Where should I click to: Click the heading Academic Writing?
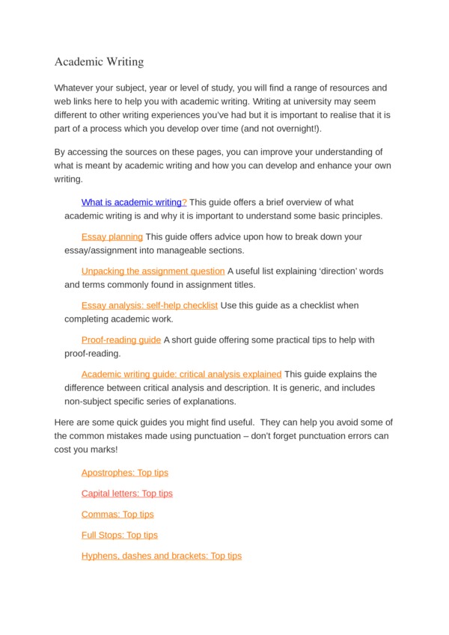tap(99, 61)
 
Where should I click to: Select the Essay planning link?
tap(112, 236)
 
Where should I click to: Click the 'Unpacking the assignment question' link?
tap(153, 271)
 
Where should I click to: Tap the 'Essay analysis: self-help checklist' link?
tap(150, 305)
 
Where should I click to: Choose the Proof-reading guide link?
tap(121, 340)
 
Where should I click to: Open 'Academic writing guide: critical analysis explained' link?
tap(181, 374)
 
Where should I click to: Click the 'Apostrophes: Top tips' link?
tap(125, 473)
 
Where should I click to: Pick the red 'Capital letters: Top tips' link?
tap(127, 494)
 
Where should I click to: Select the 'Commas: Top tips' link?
tap(117, 515)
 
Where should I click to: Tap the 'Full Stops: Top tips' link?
tap(120, 536)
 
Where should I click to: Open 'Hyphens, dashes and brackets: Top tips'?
tap(162, 556)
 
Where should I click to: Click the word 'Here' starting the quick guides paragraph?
tap(65, 423)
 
